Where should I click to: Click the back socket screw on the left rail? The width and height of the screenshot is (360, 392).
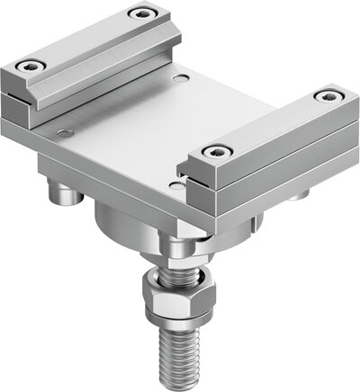tap(139, 13)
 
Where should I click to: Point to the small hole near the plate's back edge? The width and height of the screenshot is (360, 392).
tap(184, 80)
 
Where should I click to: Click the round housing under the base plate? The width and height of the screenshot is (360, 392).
tap(135, 225)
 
